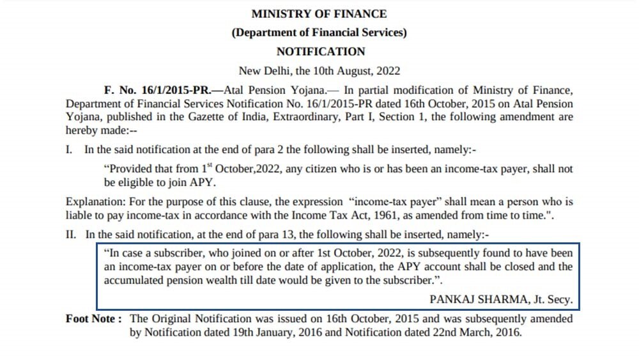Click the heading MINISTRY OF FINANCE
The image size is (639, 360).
coord(319,13)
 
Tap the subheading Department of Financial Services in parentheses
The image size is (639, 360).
coord(319,33)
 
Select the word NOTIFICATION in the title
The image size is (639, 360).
coord(320,52)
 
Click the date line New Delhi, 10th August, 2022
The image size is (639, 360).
coord(319,71)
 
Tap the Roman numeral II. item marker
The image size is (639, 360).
coord(72,235)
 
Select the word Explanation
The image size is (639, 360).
coord(91,203)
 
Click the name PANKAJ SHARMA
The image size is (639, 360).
coord(472,299)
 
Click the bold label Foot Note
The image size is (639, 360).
coord(93,318)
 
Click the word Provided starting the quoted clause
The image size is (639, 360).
coord(130,169)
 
